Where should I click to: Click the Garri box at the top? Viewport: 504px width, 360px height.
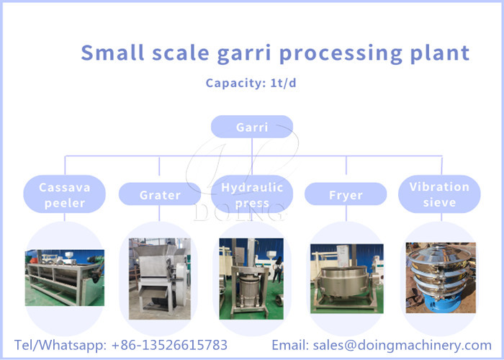(x=252, y=127)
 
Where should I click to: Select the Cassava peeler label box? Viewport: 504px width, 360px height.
(x=65, y=194)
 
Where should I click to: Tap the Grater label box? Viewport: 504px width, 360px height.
(x=160, y=194)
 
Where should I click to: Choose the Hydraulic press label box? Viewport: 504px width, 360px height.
(x=252, y=194)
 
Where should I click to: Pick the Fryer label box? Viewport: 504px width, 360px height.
(x=346, y=194)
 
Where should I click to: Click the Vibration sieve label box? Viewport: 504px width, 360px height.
(x=439, y=194)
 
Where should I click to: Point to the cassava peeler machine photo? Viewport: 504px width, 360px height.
(x=65, y=277)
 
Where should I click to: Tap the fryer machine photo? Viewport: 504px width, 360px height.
(x=346, y=278)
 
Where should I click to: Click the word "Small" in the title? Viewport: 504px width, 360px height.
(x=109, y=53)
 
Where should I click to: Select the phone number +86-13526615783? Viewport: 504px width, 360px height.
(x=169, y=345)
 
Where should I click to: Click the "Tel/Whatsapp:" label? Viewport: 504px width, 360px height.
(x=60, y=345)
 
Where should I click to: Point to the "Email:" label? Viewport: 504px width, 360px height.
(x=291, y=345)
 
